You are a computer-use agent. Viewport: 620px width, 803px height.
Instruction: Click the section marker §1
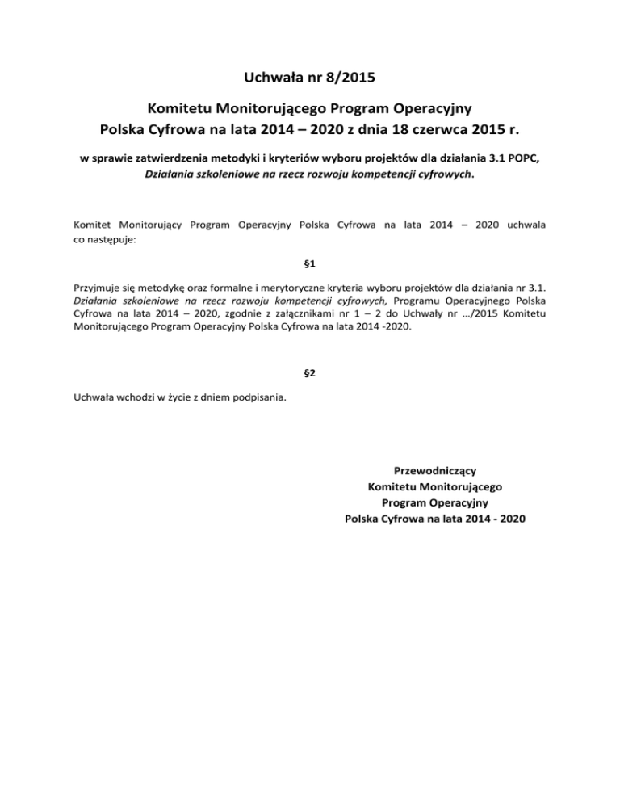click(x=309, y=263)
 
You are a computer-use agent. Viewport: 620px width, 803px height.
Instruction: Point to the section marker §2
click(x=309, y=374)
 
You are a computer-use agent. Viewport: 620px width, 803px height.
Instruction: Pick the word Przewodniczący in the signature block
click(x=435, y=470)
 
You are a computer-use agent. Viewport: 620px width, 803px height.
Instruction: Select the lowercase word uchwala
click(x=524, y=225)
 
